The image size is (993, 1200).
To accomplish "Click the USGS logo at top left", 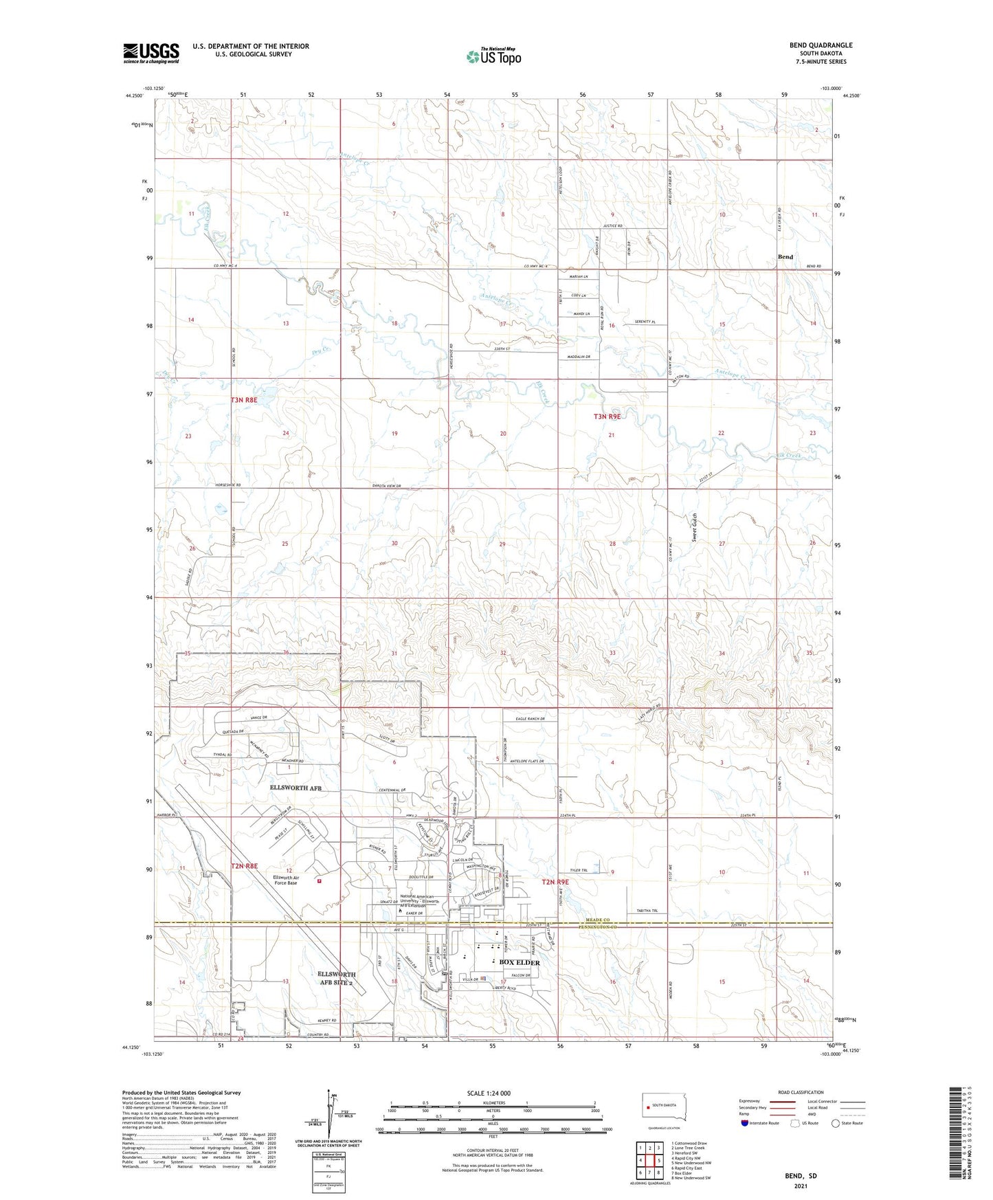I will coord(150,53).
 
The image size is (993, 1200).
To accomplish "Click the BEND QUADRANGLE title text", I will coord(821,45).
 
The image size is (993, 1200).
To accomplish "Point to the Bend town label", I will coord(785,257).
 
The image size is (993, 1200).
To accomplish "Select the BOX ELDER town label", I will coord(519,963).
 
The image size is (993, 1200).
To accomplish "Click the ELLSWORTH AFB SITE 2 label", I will coord(337,979).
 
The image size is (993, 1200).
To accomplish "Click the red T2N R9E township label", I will coord(555,882).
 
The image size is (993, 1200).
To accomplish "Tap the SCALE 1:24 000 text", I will coord(489,1093).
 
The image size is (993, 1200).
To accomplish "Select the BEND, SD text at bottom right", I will coord(801,1176).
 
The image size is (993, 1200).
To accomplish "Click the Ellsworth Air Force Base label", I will coord(284,880).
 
